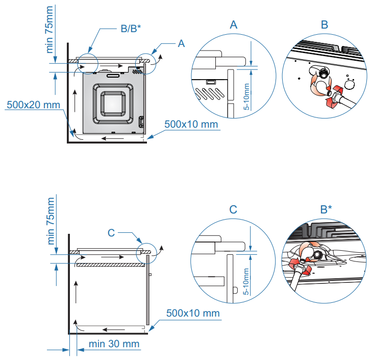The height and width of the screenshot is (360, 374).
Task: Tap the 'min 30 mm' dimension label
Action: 113,344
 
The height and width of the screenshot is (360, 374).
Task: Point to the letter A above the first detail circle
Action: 234,24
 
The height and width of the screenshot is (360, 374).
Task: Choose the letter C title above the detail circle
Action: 233,209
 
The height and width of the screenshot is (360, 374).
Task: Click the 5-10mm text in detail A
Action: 247,97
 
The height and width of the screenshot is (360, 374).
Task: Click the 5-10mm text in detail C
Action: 247,281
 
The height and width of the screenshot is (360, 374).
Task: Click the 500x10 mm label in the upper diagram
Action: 192,124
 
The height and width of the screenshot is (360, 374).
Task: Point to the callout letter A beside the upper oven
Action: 181,44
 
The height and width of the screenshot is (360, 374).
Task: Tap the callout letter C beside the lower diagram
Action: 111,233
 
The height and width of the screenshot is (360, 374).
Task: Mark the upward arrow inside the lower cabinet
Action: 76,291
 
